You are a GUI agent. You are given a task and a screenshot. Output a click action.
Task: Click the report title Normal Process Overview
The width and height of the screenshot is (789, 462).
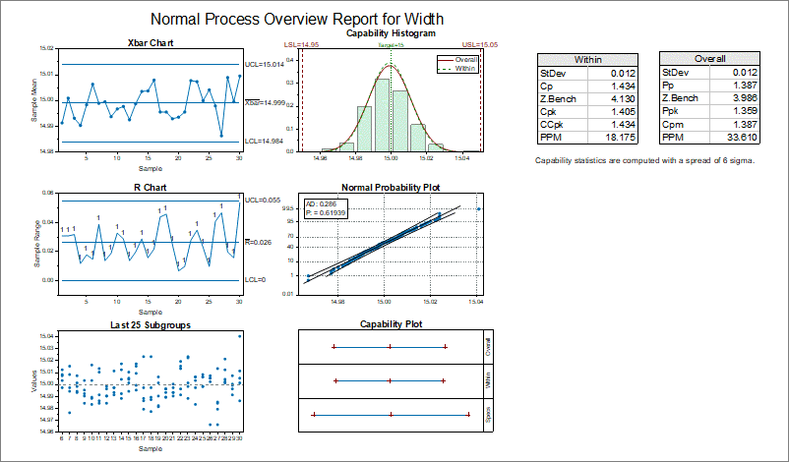[296, 19]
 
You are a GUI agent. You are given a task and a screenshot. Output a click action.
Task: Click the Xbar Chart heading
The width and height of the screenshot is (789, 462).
[151, 43]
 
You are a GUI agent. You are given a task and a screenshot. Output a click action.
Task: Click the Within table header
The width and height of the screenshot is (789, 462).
[588, 60]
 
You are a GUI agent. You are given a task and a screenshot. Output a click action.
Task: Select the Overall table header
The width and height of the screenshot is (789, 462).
[711, 60]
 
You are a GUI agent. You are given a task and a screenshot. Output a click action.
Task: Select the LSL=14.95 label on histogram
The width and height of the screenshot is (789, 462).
[301, 45]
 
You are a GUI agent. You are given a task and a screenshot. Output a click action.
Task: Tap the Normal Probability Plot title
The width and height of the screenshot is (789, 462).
[391, 188]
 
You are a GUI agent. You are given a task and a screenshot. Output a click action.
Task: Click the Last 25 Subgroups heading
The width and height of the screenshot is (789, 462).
[151, 323]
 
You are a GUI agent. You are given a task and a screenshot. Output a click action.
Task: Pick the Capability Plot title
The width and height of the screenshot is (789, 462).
[391, 323]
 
